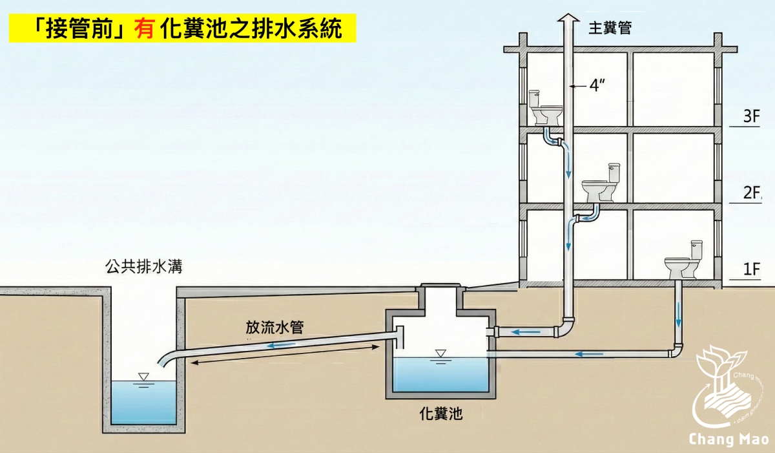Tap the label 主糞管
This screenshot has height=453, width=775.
609,28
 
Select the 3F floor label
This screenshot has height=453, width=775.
750,117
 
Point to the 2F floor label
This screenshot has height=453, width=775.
750,193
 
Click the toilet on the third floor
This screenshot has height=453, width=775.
544,109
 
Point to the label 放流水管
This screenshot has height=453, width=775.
274,327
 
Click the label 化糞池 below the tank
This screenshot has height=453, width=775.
441,414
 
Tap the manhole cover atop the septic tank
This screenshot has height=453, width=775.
440,286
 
